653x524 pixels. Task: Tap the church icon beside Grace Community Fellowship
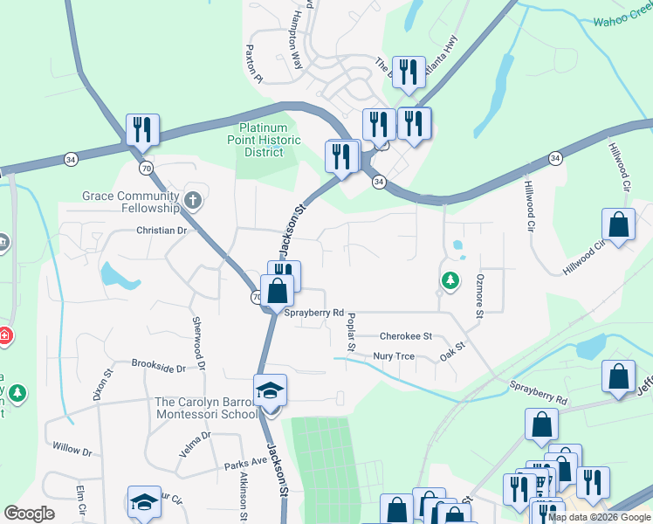tap(192, 202)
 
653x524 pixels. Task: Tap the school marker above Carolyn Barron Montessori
tap(271, 390)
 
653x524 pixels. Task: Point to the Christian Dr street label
tap(162, 231)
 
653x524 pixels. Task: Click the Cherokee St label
tap(406, 335)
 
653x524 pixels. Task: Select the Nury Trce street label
tap(393, 356)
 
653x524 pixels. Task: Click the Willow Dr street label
tap(72, 451)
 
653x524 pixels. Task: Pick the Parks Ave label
tap(244, 460)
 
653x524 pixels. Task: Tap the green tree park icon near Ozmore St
tap(450, 280)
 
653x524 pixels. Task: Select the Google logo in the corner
tap(29, 514)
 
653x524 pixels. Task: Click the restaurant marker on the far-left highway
tap(141, 130)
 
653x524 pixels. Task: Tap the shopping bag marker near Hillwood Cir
tap(619, 224)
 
